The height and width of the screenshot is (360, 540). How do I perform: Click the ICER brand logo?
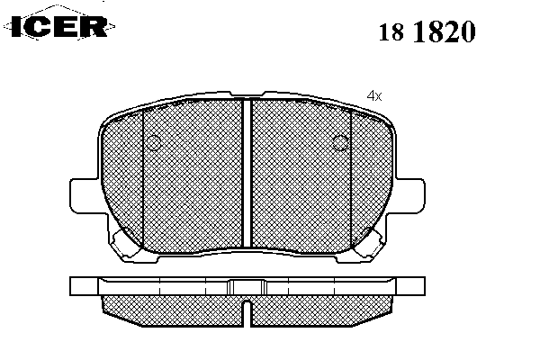pos(59,26)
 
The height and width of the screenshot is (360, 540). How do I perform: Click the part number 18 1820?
pos(427,31)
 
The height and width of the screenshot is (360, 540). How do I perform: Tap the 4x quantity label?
pos(374,95)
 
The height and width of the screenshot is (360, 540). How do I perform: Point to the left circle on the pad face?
pos(154,142)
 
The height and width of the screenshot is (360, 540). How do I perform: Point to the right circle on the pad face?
pos(340,142)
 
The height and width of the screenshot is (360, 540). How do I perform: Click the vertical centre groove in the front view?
pos(247,173)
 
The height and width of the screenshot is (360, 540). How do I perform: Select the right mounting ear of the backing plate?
pos(409,195)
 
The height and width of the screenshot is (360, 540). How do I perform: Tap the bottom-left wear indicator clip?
pos(125,242)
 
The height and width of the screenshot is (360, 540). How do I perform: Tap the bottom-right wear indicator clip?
pos(369,242)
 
